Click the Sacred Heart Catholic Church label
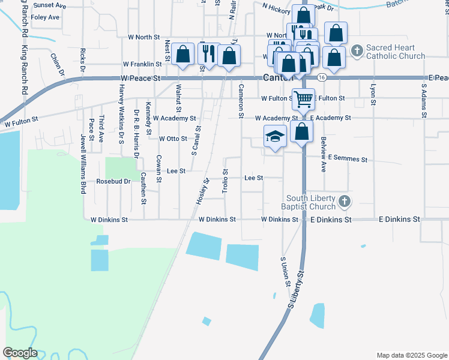[x=396, y=52]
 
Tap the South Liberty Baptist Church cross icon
[x=345, y=202]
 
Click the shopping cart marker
[x=304, y=98]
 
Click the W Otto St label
[x=173, y=139]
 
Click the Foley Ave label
[x=46, y=17]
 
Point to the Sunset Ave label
[x=50, y=5]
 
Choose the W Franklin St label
[x=142, y=64]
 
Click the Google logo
[x=20, y=353]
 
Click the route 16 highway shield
[x=322, y=78]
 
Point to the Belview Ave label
[x=324, y=154]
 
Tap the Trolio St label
[x=224, y=180]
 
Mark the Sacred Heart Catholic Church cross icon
[x=357, y=50]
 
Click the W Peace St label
[x=140, y=79]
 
